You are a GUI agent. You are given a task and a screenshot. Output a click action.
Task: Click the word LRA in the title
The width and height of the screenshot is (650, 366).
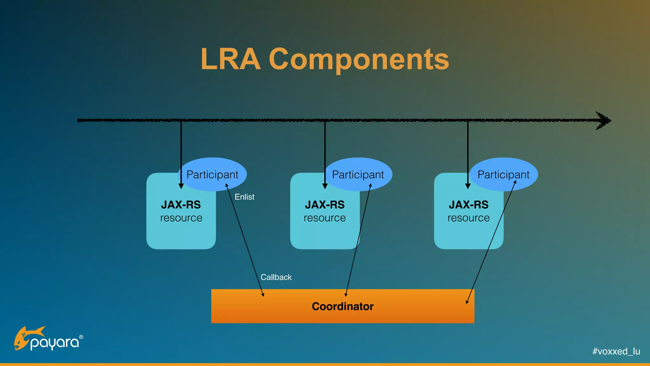point(230,59)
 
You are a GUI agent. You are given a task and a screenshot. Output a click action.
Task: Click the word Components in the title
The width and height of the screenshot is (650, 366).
point(359,59)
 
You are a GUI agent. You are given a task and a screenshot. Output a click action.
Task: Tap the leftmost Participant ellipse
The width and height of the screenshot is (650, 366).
point(212,174)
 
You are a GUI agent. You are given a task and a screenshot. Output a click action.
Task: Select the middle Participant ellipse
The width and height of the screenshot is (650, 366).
point(358,174)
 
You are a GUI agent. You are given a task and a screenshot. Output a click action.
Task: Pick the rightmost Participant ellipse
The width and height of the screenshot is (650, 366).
point(503,174)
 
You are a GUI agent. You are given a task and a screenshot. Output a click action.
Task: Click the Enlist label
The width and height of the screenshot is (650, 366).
point(244,197)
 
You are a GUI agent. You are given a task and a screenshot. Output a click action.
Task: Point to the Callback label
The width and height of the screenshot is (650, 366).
point(276,277)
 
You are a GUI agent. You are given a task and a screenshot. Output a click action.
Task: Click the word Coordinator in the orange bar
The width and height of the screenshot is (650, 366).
point(342,306)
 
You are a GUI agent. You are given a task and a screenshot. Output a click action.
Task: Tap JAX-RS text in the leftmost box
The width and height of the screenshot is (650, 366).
point(181,205)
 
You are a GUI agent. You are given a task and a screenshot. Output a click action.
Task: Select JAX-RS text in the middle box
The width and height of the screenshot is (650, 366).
point(325,205)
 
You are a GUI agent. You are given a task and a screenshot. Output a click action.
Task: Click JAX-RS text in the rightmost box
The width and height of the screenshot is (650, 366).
point(468,205)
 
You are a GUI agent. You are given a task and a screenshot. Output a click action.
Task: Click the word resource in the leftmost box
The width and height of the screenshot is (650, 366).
point(181,218)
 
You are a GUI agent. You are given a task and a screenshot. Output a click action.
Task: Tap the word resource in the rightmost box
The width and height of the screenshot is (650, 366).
point(468,218)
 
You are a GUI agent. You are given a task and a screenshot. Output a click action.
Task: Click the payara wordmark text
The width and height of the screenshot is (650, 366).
point(55,343)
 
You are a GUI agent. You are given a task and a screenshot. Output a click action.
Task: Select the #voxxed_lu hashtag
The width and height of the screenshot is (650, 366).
point(616,351)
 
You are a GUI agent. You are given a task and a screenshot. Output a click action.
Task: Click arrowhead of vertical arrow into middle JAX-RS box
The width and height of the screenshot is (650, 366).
point(325,186)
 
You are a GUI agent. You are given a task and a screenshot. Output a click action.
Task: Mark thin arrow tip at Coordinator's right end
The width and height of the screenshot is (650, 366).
point(467,302)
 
